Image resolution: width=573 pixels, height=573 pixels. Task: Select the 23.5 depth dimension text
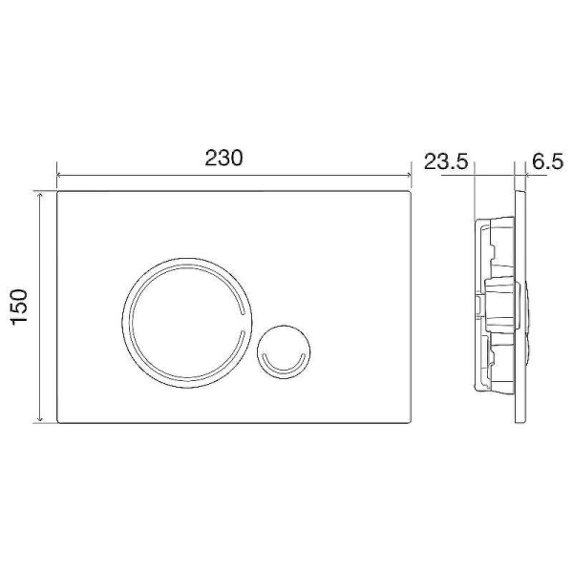pyautogui.click(x=445, y=162)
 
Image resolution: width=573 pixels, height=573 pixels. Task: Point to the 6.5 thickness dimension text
pyautogui.click(x=545, y=162)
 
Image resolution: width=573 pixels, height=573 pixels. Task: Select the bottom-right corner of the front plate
pyautogui.click(x=409, y=423)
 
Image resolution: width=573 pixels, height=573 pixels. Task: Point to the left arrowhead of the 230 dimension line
pyautogui.click(x=61, y=177)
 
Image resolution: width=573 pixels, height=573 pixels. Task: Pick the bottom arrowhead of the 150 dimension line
pyautogui.click(x=41, y=420)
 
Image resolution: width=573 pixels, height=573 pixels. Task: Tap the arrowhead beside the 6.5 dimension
pyautogui.click(x=517, y=177)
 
